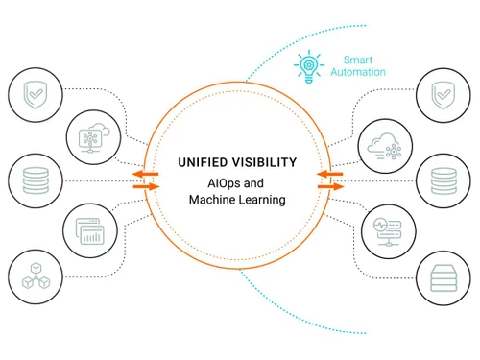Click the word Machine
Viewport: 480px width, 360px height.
[214, 200]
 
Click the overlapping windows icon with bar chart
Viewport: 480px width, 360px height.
[92, 230]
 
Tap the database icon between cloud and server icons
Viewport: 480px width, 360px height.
[441, 180]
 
